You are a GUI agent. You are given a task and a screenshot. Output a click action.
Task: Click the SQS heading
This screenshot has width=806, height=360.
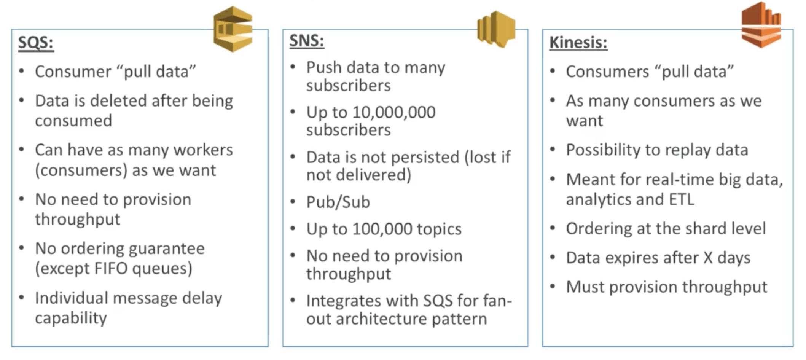tap(35, 42)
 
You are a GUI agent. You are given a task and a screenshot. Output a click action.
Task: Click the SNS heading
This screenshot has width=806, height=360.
tap(306, 40)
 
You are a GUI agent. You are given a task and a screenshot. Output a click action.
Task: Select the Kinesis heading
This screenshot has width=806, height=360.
tap(578, 42)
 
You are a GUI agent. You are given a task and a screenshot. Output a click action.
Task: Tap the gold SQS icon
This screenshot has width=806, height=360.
tap(233, 29)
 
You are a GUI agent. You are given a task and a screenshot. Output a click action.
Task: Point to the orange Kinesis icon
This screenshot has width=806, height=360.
tap(761, 25)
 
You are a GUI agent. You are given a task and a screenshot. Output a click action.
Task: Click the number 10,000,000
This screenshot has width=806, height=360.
tap(393, 112)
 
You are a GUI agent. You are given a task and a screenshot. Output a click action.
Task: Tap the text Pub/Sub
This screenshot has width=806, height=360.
tap(338, 202)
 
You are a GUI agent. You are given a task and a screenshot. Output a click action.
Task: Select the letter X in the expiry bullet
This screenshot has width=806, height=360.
tap(708, 258)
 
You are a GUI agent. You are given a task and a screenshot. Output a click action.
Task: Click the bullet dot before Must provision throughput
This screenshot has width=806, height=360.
tap(553, 286)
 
